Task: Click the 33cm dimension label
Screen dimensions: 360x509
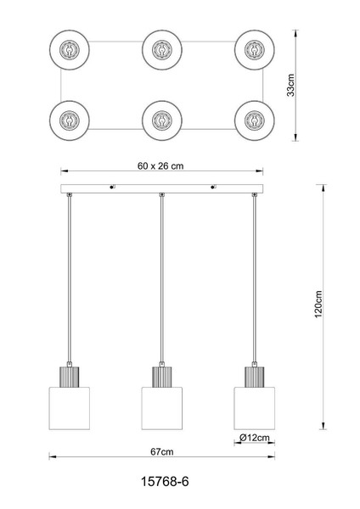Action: click(290, 86)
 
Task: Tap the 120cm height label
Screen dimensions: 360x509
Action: click(318, 305)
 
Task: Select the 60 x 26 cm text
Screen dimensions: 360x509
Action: click(160, 166)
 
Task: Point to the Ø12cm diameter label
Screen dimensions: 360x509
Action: click(255, 438)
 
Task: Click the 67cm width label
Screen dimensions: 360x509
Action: click(162, 451)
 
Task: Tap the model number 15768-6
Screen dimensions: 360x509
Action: click(165, 481)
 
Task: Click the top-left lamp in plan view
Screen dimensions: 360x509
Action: click(70, 50)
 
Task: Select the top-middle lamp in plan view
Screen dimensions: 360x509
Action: click(162, 50)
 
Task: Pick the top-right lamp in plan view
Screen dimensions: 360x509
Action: click(255, 50)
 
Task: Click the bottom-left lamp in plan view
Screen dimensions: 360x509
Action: click(70, 120)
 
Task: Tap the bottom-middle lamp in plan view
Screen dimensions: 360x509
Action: click(162, 120)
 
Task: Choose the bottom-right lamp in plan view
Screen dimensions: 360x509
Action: click(255, 120)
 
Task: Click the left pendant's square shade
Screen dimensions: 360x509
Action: click(70, 408)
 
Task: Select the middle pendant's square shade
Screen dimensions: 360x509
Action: click(162, 408)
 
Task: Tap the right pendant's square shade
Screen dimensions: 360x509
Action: click(255, 408)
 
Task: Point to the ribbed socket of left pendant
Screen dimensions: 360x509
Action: click(70, 377)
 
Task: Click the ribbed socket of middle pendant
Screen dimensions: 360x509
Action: click(162, 377)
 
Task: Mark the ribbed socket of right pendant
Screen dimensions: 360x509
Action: click(255, 377)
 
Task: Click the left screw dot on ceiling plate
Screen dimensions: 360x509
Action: click(111, 187)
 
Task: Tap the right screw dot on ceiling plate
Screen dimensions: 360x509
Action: click(212, 187)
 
